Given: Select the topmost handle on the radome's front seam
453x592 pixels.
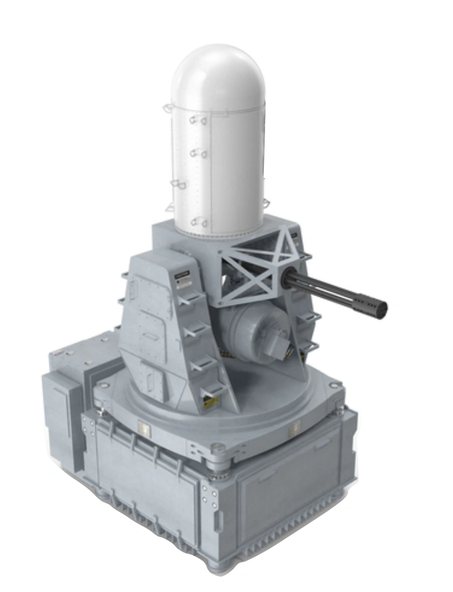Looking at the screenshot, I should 198,120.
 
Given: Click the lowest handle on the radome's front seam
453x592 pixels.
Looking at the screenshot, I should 199,223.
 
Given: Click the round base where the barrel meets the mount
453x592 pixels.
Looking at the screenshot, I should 288,279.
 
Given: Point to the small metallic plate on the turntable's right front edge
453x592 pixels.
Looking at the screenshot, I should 295,428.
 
